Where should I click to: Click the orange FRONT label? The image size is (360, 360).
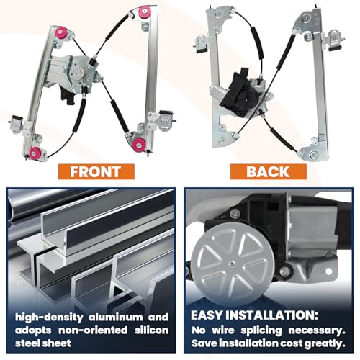(96, 171)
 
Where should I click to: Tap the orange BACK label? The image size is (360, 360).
(269, 171)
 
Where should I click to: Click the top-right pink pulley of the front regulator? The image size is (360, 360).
(145, 12)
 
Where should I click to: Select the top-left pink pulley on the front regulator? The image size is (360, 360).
(60, 33)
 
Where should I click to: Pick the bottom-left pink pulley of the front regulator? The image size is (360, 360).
(35, 153)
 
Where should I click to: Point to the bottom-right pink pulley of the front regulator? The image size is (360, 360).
(139, 144)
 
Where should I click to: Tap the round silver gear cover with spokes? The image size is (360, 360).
(233, 265)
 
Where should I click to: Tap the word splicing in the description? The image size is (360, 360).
(261, 331)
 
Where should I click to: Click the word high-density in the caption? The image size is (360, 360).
(49, 318)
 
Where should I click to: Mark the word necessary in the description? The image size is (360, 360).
(317, 331)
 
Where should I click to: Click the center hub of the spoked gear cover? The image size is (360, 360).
(231, 264)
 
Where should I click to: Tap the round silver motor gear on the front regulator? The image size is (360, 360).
(78, 71)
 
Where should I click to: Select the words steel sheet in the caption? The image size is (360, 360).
(43, 343)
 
